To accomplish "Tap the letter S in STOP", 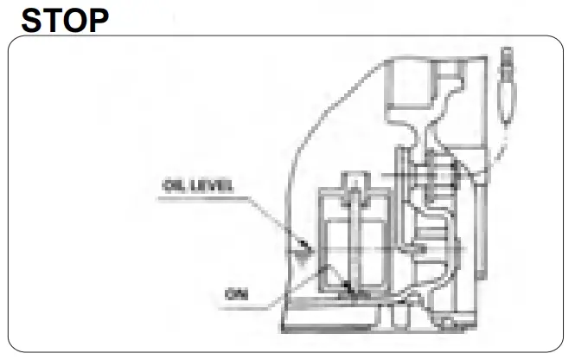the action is point(32,18).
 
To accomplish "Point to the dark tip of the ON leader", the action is point(349,289).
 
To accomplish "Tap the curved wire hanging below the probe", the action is point(500,147).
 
